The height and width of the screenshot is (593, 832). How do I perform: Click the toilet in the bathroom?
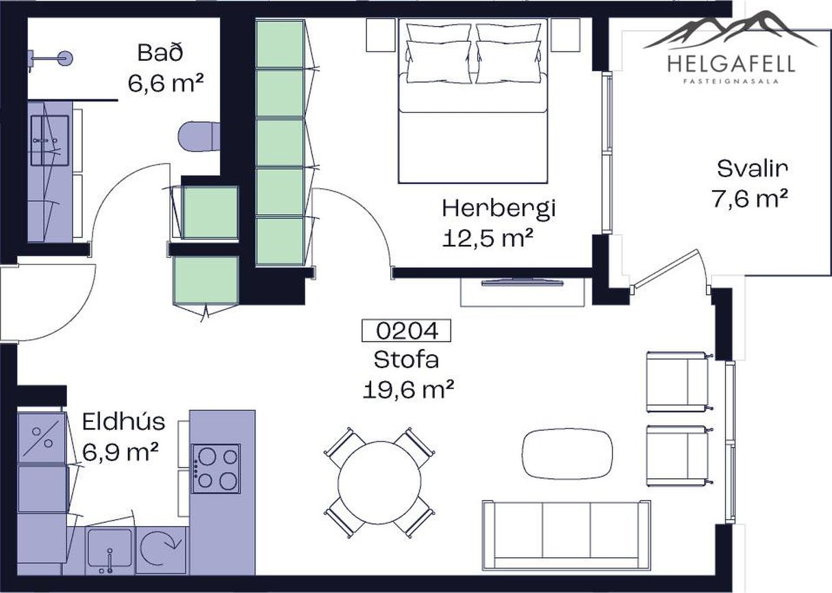(x=199, y=137)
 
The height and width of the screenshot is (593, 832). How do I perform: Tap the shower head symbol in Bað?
(x=65, y=58)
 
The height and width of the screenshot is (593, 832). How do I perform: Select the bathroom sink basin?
(x=49, y=140)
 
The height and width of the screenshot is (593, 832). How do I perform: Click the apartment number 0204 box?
(x=406, y=330)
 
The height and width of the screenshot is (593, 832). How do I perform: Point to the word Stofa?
(x=406, y=360)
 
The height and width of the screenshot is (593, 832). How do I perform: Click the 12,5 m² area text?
(x=488, y=237)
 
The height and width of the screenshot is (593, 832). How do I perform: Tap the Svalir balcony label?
(x=752, y=169)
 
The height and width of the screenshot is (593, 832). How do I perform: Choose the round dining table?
(x=379, y=482)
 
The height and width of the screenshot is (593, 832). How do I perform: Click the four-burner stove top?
(x=216, y=469)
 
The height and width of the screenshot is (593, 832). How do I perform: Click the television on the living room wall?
(x=522, y=282)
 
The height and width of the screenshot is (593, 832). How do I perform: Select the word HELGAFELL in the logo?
(x=731, y=64)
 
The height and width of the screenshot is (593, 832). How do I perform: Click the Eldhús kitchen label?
(x=124, y=422)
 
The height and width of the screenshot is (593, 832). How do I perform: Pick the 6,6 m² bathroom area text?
(x=166, y=83)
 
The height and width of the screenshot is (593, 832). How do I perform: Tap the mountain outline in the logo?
(x=731, y=29)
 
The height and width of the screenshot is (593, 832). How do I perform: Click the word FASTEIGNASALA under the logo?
(x=731, y=81)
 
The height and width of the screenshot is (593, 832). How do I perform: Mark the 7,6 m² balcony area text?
(x=750, y=198)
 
